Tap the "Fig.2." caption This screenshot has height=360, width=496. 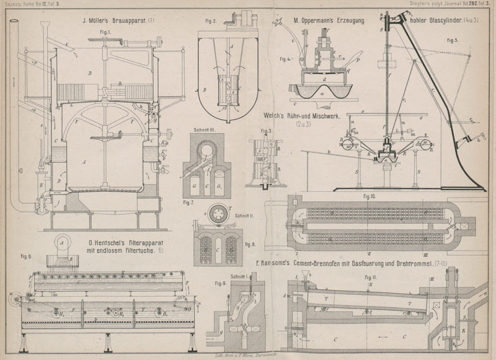click(211, 21)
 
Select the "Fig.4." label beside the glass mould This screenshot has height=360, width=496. click(285, 59)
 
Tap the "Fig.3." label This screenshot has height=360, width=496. click(267, 131)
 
